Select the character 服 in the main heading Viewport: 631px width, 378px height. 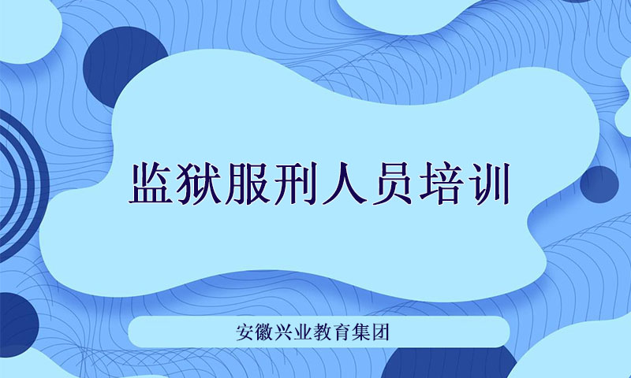point(247,183)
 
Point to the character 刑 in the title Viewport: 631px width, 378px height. point(295,183)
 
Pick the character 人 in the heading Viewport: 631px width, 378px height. point(343,183)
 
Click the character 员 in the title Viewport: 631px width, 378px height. point(391,183)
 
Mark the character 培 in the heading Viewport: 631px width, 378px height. point(439,183)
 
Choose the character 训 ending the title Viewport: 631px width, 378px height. point(487,183)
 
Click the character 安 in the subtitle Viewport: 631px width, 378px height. point(245,332)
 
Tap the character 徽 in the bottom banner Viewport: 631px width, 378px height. point(264,332)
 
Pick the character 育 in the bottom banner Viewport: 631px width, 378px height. point(342,332)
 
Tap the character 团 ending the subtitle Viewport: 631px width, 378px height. point(380,332)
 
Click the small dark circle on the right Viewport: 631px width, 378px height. point(599,184)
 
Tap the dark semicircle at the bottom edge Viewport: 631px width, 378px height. point(449,363)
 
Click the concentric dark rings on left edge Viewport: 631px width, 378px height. point(41,185)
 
